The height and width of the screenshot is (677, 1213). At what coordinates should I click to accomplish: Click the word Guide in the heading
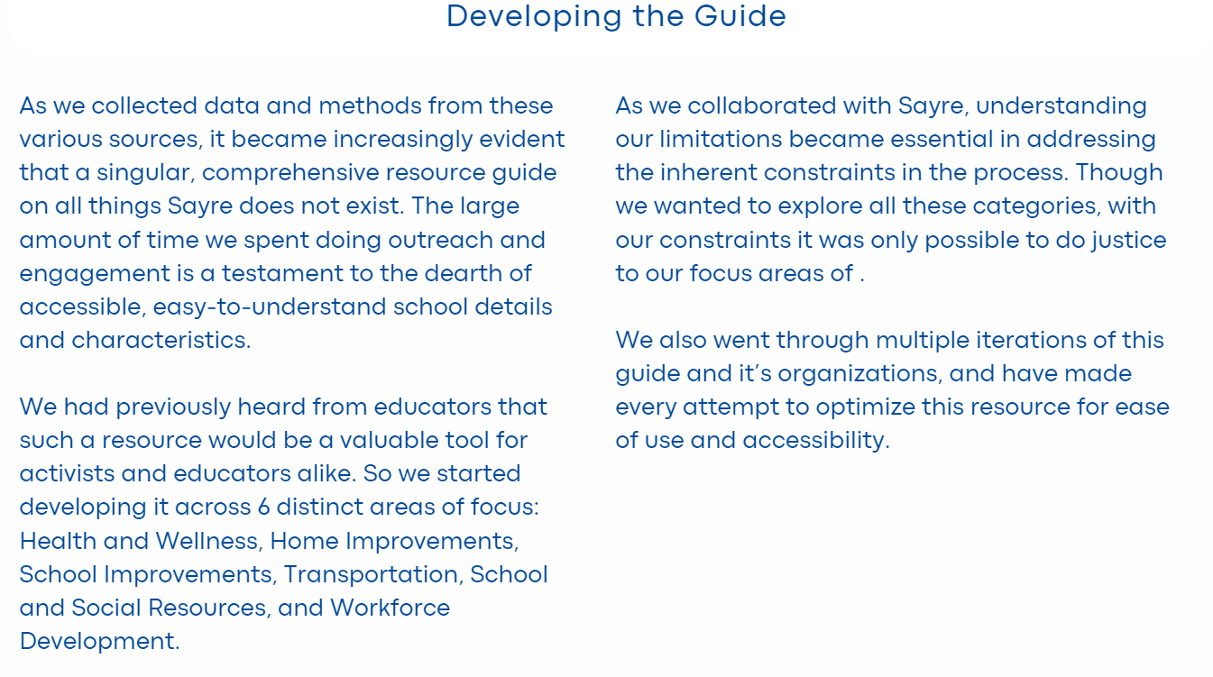[x=749, y=16]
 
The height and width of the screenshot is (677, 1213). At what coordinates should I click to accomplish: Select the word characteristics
[x=161, y=340]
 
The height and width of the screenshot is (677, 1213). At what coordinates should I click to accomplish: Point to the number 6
[x=263, y=507]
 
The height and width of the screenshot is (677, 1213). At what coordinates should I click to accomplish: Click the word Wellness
[x=207, y=541]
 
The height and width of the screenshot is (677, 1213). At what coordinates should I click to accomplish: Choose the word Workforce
[x=390, y=608]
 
